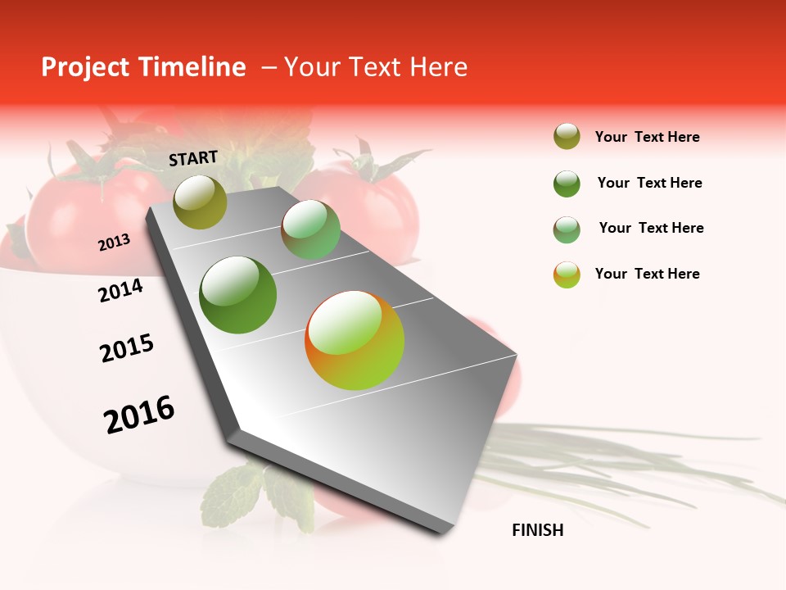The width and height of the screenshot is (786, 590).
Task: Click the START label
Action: [x=193, y=158]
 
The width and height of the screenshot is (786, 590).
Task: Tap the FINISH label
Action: [x=537, y=530]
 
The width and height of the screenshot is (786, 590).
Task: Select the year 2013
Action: [x=114, y=243]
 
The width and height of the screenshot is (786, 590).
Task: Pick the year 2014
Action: [x=121, y=290]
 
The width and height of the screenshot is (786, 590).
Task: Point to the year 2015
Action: [x=127, y=348]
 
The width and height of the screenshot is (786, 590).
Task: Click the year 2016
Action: [x=139, y=415]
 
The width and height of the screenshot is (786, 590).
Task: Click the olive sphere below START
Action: [x=201, y=202]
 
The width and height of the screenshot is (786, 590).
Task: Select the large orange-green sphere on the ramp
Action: [x=355, y=340]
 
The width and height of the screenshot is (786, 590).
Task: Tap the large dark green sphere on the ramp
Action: [x=238, y=295]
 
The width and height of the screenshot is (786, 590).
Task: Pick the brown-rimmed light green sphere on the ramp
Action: [x=310, y=229]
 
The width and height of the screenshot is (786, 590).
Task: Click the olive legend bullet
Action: [x=567, y=137]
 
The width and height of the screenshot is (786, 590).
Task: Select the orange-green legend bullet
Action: [x=567, y=275]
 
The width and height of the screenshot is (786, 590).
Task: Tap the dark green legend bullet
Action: [x=567, y=184]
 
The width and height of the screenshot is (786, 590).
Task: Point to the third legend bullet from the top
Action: [x=567, y=229]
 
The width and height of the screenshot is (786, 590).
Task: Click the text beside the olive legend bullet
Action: [x=647, y=137]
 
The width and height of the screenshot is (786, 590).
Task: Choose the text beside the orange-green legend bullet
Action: [x=647, y=274]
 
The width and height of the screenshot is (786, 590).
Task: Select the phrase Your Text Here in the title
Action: [x=376, y=67]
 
